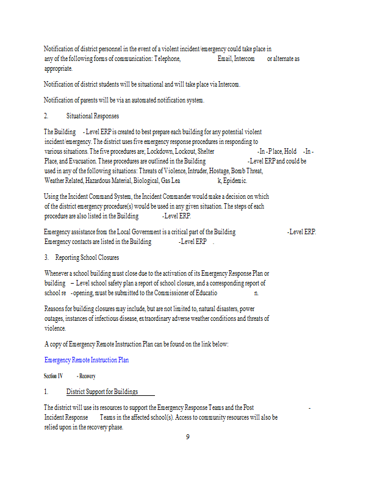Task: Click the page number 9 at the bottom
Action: click(x=188, y=436)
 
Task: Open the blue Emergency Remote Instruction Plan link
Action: click(x=87, y=360)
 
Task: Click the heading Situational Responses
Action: click(x=92, y=116)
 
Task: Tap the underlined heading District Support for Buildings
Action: click(x=102, y=392)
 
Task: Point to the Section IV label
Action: click(x=53, y=376)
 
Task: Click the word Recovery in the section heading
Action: click(x=87, y=376)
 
